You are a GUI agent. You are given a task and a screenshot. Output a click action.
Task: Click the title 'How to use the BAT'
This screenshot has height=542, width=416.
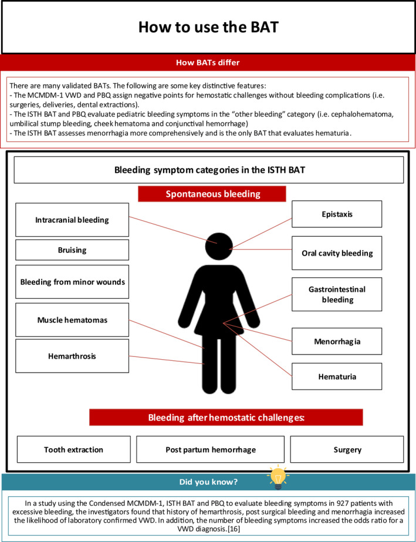pos(208,27)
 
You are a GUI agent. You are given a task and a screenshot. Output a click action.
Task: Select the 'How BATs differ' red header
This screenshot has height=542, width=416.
pos(208,63)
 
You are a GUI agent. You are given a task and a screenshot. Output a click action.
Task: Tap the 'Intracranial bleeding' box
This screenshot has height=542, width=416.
pos(72,220)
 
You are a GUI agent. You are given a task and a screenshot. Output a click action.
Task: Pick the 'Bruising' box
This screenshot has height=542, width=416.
pos(72,250)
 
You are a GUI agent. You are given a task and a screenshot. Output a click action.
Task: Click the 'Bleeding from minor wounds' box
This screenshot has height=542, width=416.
pos(72,282)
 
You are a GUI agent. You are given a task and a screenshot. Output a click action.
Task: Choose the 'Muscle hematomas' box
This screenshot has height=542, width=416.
pos(72,320)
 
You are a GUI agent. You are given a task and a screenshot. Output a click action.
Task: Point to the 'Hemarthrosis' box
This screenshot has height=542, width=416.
pos(72,356)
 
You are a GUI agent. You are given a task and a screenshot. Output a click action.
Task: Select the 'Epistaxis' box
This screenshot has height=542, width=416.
pos(337,214)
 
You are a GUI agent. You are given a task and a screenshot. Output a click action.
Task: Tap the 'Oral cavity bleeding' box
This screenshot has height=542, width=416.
pos(337,253)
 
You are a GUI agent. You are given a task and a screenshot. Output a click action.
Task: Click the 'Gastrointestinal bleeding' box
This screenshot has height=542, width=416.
pos(337,294)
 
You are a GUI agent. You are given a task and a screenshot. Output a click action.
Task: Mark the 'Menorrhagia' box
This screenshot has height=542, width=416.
pos(337,341)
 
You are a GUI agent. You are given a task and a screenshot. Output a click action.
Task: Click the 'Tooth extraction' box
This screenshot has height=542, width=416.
pos(74,449)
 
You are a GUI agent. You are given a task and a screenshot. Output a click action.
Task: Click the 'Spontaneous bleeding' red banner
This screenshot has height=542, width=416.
pos(212,194)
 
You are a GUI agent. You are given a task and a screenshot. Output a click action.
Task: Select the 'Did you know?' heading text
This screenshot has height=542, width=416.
pos(208,482)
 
